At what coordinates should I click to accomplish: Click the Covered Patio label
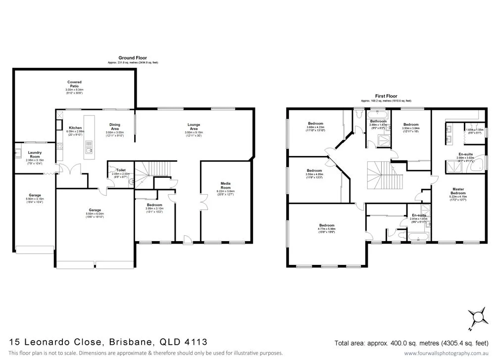[74, 84]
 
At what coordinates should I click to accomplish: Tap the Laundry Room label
[35, 154]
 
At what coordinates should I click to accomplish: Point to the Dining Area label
[115, 127]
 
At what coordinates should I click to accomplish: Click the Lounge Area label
[194, 126]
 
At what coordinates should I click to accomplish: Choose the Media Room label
[226, 185]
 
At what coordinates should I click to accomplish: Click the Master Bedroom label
[458, 191]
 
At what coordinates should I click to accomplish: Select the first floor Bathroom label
[378, 121]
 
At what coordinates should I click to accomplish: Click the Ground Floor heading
[132, 58]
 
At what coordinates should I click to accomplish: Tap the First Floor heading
[386, 96]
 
